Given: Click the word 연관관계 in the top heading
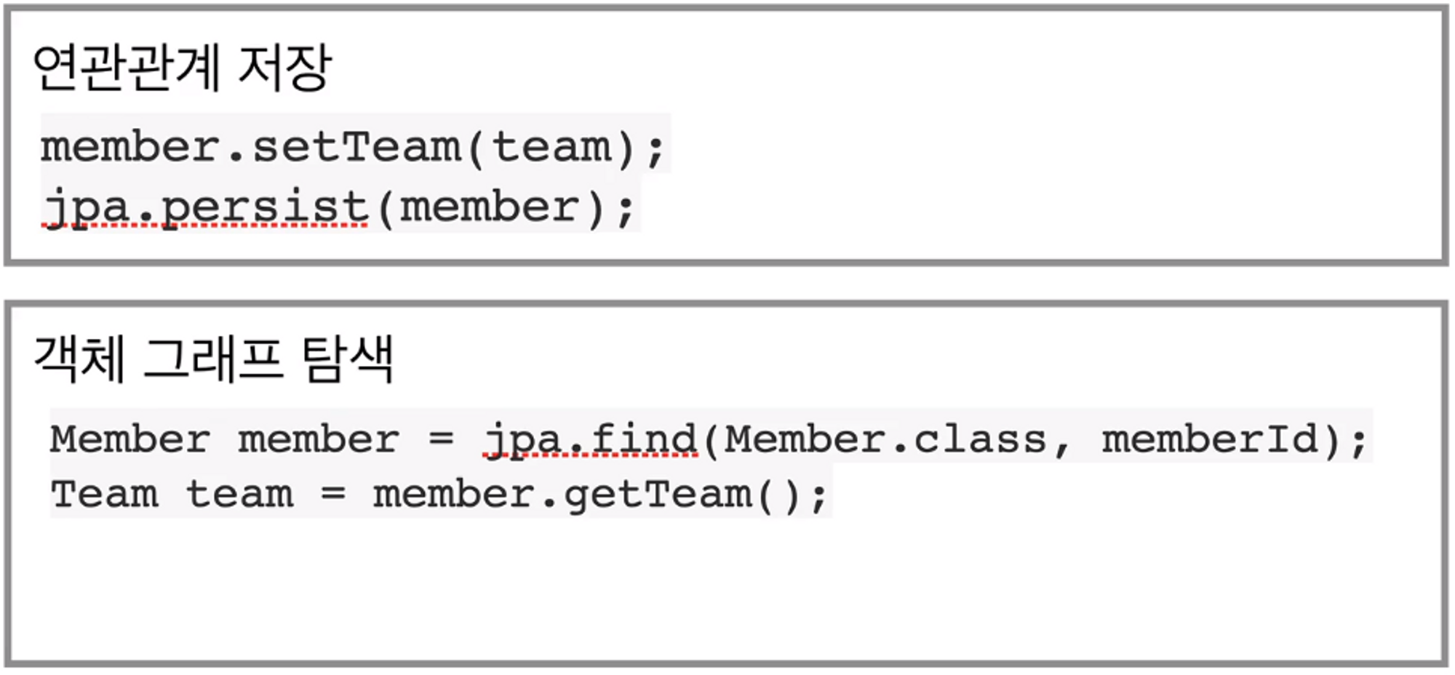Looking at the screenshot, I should [x=127, y=67].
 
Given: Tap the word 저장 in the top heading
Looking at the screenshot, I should [x=285, y=67].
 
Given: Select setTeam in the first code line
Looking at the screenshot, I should [x=356, y=147].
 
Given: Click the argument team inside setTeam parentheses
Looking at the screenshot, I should [x=551, y=147].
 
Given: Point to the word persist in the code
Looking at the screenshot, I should [x=266, y=207].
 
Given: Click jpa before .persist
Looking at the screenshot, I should [x=85, y=207].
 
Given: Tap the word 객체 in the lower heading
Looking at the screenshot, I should [x=79, y=359].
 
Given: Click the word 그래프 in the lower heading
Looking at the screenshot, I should [x=212, y=359].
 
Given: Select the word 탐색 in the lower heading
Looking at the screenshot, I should [x=347, y=359].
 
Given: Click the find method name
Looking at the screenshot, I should [x=644, y=439].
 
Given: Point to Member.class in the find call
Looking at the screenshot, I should [x=885, y=439].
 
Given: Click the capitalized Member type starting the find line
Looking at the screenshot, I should [x=130, y=439].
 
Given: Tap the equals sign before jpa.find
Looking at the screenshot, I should [x=442, y=439].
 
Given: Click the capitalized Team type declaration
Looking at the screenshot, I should [x=105, y=495].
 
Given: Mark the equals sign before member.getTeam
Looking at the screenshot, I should [x=333, y=495].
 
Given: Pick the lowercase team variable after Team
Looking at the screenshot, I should [x=240, y=495].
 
